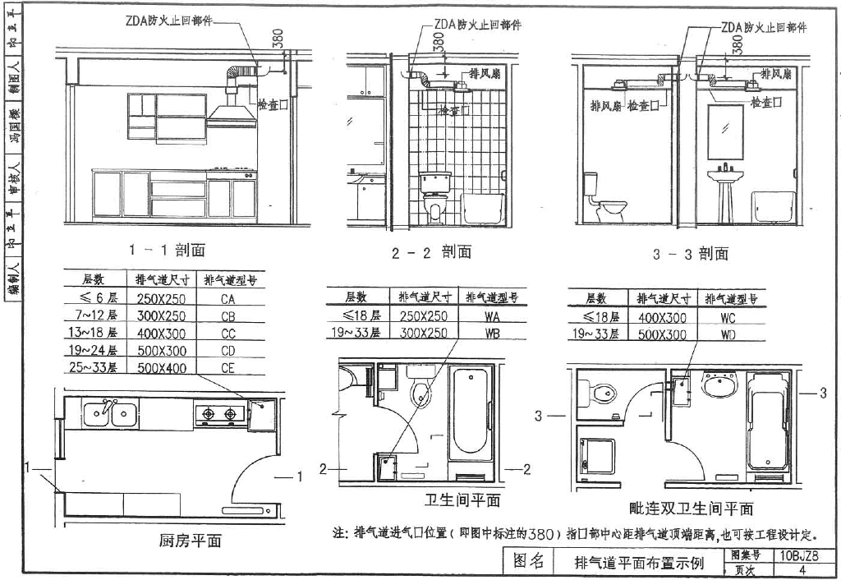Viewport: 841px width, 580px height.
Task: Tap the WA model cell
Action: pos(493,315)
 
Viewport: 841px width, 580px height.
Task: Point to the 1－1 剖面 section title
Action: pos(167,249)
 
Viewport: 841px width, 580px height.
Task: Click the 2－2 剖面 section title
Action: pos(432,252)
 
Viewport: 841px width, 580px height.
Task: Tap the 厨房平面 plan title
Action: pos(190,541)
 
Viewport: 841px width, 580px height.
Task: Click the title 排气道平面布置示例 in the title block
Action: pos(639,564)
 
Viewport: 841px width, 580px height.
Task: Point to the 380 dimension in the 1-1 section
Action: pos(278,39)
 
